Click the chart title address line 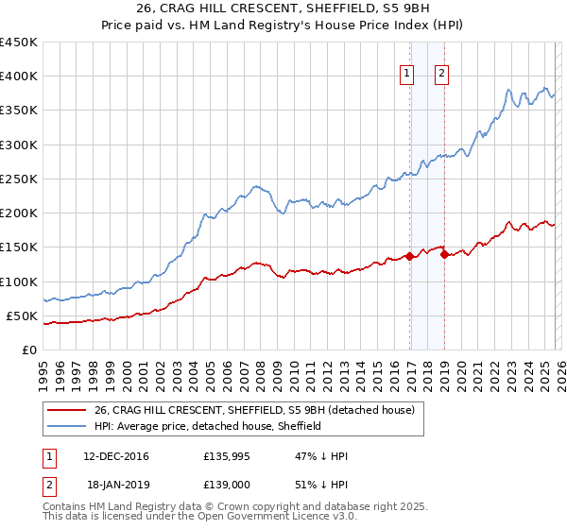[x=283, y=9]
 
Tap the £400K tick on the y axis [x=19, y=77]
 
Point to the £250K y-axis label [x=19, y=179]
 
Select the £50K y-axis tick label [x=23, y=316]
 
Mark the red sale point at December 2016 [x=409, y=256]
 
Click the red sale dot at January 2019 [x=444, y=254]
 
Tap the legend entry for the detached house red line [x=254, y=411]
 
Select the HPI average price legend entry [x=208, y=426]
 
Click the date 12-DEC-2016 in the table [x=115, y=456]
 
